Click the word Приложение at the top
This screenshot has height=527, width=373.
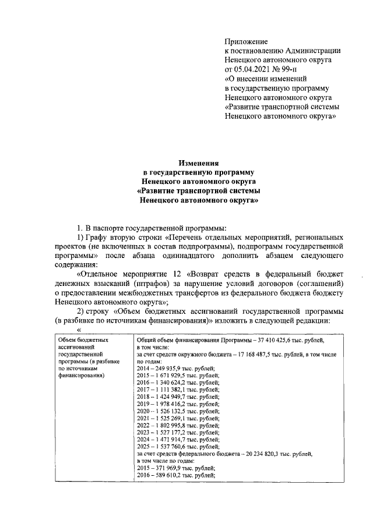[x=246, y=41]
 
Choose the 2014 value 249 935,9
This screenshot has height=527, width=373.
[x=172, y=367]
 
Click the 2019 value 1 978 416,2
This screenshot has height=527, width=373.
[x=175, y=403]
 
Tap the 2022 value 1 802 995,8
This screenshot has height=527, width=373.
[x=175, y=424]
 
